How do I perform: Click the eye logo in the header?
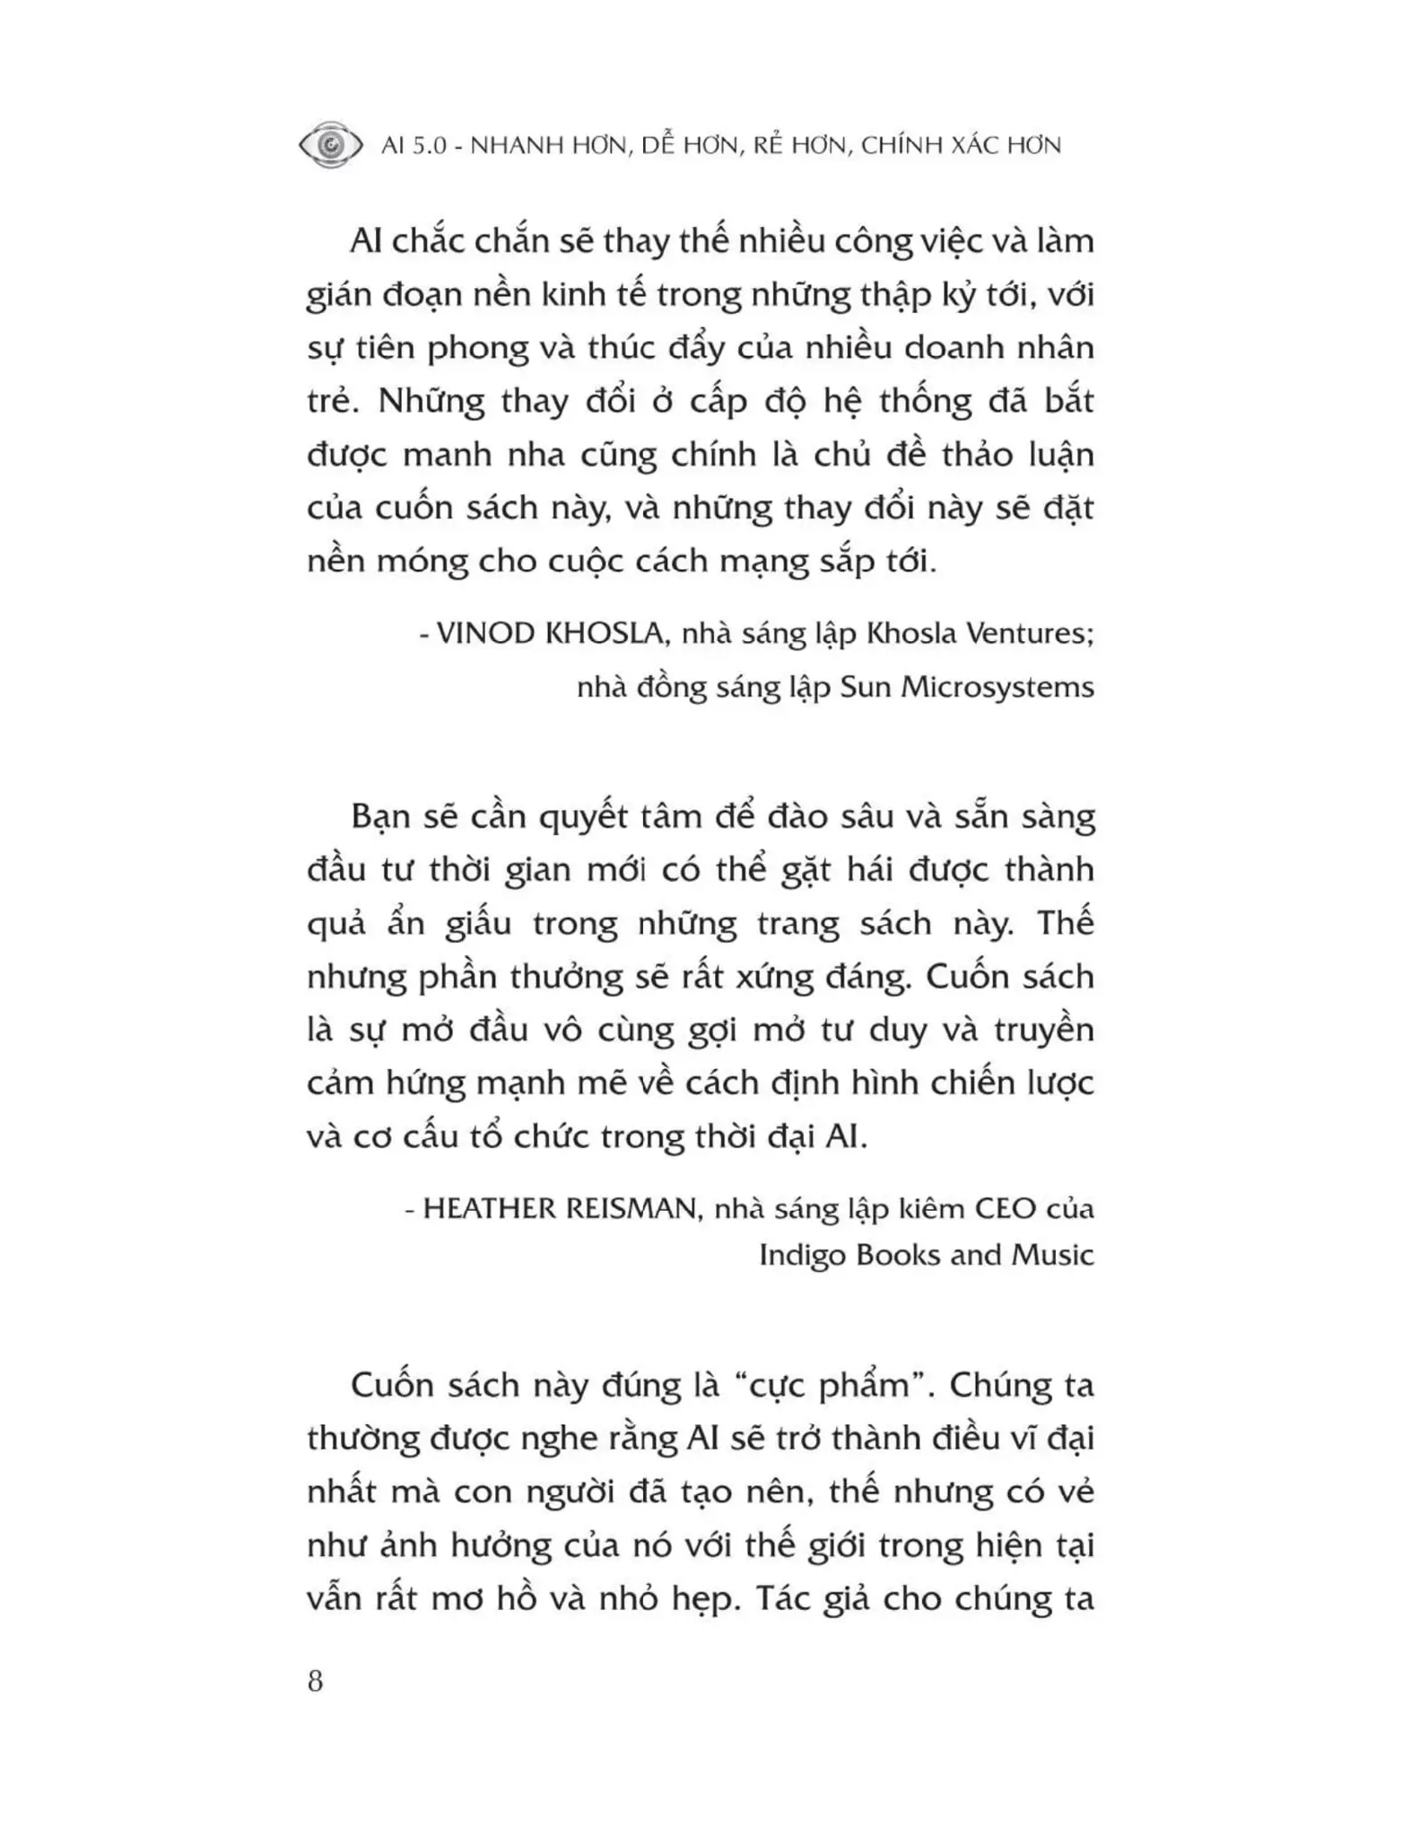click(x=330, y=144)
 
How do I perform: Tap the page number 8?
click(x=315, y=1680)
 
